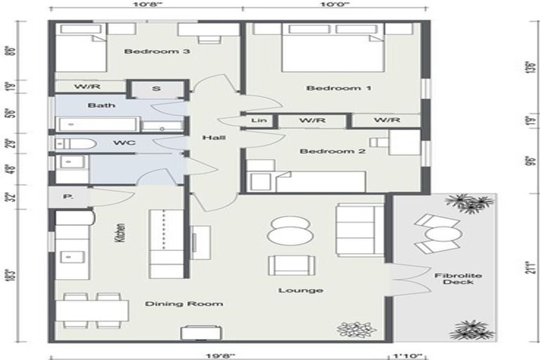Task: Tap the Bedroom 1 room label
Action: click(329, 88)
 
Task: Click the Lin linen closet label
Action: click(257, 121)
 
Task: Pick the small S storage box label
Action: click(155, 89)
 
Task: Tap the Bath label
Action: click(97, 105)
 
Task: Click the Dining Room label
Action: click(184, 304)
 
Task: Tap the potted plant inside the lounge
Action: click(352, 329)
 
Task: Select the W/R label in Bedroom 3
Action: click(86, 88)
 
